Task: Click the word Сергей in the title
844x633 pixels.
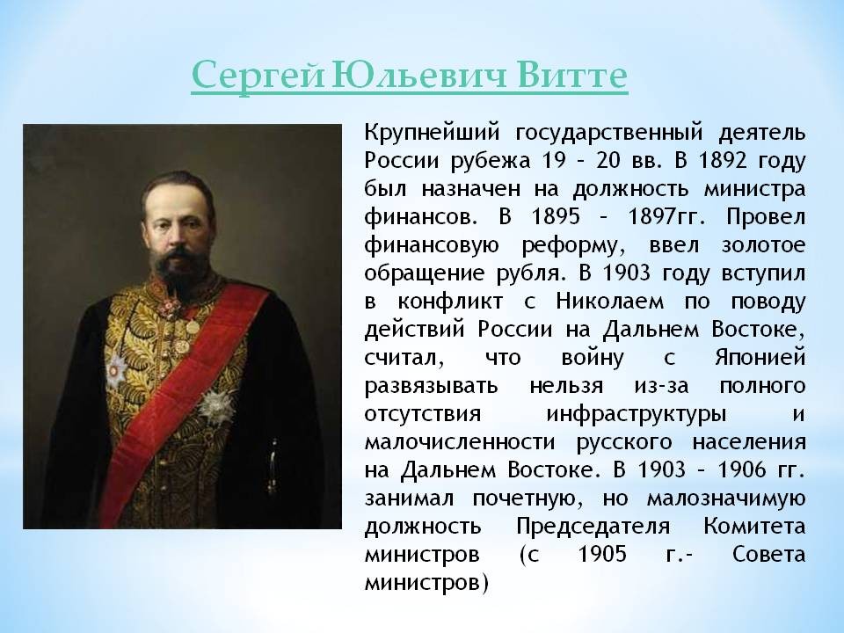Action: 258,76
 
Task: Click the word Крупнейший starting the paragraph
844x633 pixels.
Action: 433,133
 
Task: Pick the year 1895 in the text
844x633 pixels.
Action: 556,216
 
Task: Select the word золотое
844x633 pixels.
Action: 763,245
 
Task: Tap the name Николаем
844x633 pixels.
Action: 610,301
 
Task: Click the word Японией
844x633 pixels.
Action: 760,357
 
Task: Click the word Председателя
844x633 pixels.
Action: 593,527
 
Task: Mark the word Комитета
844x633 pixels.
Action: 754,526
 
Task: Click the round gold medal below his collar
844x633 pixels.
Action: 193,326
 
